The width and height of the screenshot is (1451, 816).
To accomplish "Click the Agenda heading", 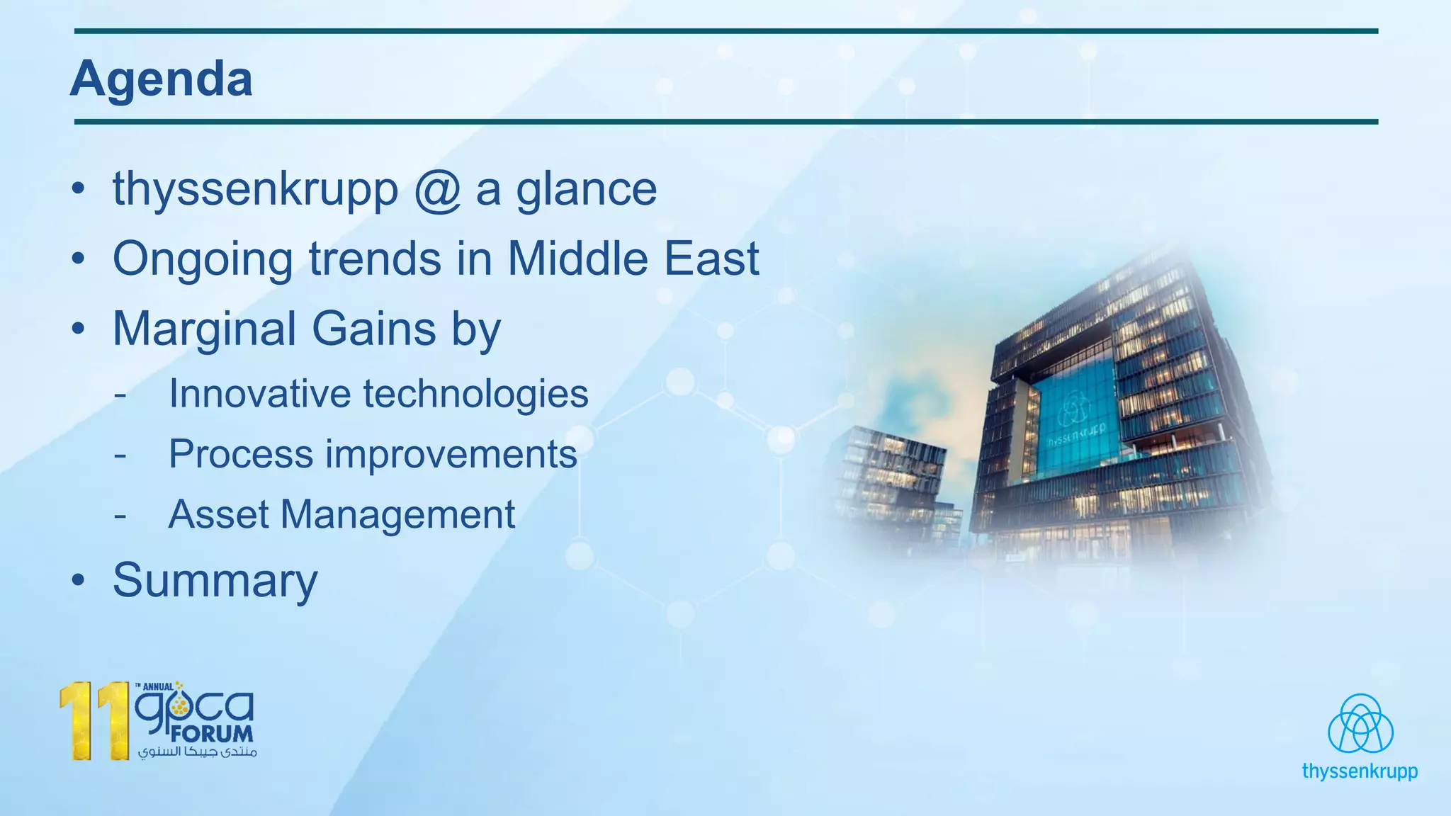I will (x=162, y=79).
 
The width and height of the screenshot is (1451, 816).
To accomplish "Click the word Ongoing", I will (x=203, y=259).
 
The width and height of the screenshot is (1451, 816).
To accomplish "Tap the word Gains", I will (x=373, y=329).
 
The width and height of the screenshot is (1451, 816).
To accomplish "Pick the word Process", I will (x=241, y=454).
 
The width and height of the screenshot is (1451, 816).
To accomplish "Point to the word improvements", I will (x=451, y=455).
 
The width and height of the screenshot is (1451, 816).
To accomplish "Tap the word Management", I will (x=398, y=515).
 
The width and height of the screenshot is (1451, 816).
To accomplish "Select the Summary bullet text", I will (x=215, y=581).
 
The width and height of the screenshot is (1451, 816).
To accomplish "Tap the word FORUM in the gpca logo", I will (x=212, y=734).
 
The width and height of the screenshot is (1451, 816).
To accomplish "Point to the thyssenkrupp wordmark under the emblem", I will (x=1359, y=771).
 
